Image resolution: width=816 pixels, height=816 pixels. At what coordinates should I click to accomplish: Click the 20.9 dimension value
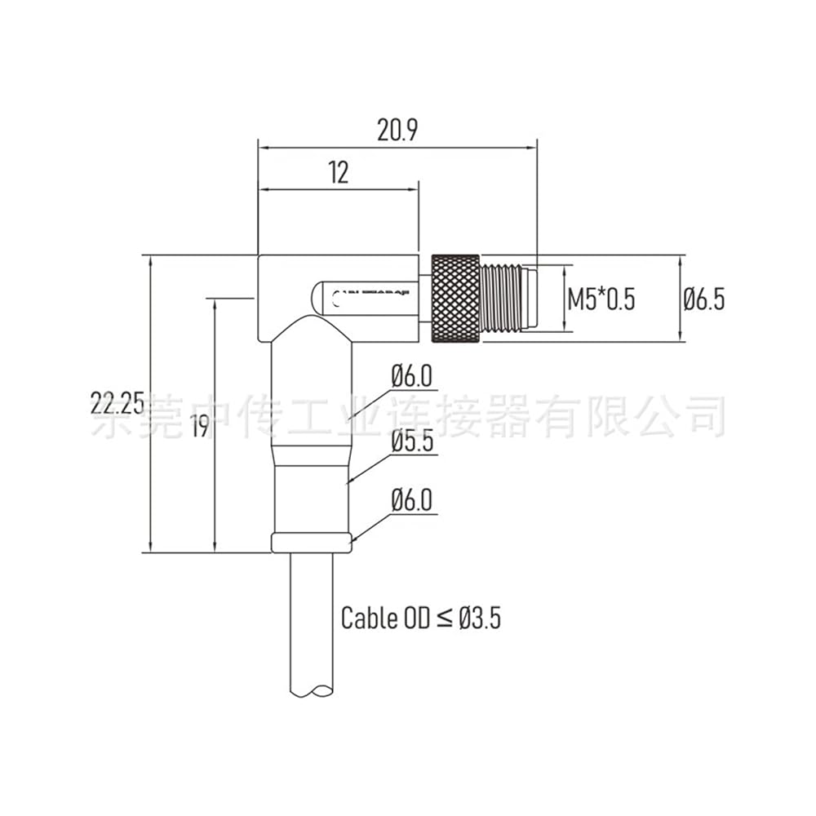pyautogui.click(x=397, y=131)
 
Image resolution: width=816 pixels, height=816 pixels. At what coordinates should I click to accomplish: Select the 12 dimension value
pyautogui.click(x=339, y=172)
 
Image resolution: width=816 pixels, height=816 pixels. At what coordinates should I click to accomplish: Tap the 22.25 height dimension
pyautogui.click(x=118, y=403)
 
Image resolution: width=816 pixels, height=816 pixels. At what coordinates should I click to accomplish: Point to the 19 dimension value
pyautogui.click(x=199, y=426)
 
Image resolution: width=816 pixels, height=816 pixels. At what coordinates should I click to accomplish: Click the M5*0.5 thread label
pyautogui.click(x=601, y=299)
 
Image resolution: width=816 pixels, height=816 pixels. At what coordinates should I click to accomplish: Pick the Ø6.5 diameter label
pyautogui.click(x=703, y=299)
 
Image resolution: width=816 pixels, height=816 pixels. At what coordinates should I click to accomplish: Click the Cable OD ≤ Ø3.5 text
pyautogui.click(x=420, y=618)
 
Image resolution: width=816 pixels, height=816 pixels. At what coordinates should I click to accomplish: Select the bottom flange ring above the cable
pyautogui.click(x=313, y=542)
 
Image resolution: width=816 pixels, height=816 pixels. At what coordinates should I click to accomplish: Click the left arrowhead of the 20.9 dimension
pyautogui.click(x=262, y=148)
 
